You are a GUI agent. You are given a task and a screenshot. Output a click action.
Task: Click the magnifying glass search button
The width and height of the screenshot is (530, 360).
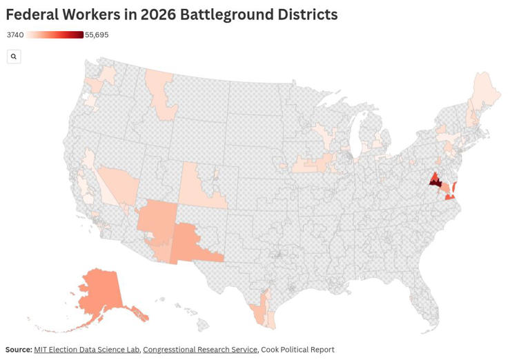pyautogui.click(x=14, y=57)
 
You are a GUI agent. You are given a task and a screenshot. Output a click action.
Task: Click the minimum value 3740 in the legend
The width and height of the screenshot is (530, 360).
pyautogui.click(x=15, y=35)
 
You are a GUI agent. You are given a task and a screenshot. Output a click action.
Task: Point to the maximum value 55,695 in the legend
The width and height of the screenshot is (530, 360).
pyautogui.click(x=97, y=35)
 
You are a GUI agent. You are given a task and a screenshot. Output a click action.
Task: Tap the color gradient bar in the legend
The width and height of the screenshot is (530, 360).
pyautogui.click(x=55, y=35)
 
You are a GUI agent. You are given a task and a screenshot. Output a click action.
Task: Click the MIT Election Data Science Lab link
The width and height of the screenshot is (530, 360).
pyautogui.click(x=86, y=350)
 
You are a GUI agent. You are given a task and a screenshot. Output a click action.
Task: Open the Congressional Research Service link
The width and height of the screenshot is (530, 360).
pyautogui.click(x=200, y=350)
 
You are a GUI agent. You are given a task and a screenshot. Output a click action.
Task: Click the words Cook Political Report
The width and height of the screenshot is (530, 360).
pyautogui.click(x=297, y=350)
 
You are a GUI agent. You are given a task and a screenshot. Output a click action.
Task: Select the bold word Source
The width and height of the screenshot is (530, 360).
pyautogui.click(x=19, y=350)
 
